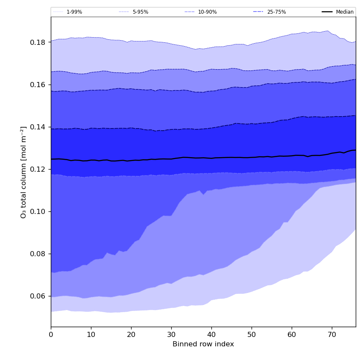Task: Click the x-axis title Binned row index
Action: [x=203, y=344]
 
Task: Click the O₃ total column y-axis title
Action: [x=24, y=172]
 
